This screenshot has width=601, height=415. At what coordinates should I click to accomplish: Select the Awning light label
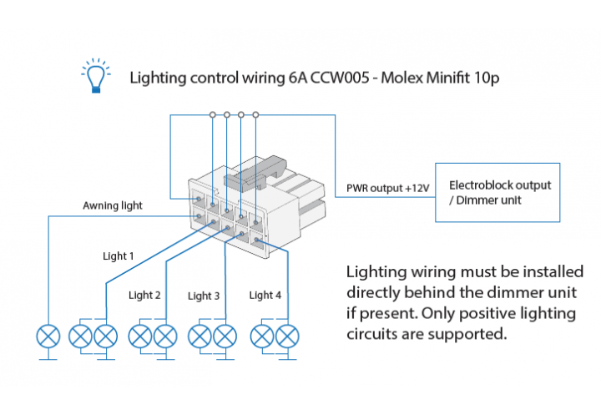pyautogui.click(x=113, y=205)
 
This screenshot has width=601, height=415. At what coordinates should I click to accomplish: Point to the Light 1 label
pyautogui.click(x=118, y=256)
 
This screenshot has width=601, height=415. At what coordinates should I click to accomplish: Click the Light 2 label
pyautogui.click(x=144, y=295)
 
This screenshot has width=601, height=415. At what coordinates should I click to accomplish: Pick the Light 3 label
pyautogui.click(x=204, y=296)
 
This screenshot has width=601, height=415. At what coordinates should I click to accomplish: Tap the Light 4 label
pyautogui.click(x=265, y=295)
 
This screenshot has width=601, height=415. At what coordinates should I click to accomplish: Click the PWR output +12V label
pyautogui.click(x=387, y=189)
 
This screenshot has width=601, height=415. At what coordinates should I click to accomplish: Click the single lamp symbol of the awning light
pyautogui.click(x=48, y=337)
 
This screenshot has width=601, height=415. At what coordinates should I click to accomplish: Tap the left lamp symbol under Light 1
pyautogui.click(x=80, y=337)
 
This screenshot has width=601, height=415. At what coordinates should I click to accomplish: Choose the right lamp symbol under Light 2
pyautogui.click(x=165, y=337)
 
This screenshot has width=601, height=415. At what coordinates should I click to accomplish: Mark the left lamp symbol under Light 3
pyautogui.click(x=200, y=337)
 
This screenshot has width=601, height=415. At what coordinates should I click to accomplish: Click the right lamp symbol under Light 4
pyautogui.click(x=287, y=337)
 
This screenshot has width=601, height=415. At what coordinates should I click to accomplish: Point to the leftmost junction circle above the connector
pyautogui.click(x=213, y=114)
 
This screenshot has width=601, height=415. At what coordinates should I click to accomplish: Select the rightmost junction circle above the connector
pyautogui.click(x=255, y=114)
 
